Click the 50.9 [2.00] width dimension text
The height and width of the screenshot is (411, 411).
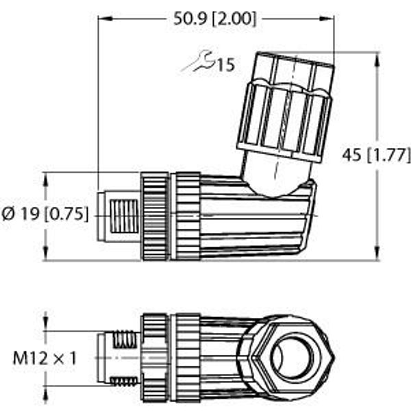coord(214,19)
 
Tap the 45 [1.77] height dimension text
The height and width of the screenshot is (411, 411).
coord(376,155)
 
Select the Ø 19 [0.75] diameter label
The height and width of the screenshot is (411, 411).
coord(45,214)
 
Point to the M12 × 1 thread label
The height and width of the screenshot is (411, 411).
coord(45,358)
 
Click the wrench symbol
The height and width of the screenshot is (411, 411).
coord(199,62)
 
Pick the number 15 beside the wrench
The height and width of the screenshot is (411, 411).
coord(226,65)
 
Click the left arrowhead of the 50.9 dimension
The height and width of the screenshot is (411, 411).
coord(105,19)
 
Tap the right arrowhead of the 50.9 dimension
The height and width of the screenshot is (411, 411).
coord(327,19)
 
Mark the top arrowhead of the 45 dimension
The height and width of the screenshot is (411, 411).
coord(377,60)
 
